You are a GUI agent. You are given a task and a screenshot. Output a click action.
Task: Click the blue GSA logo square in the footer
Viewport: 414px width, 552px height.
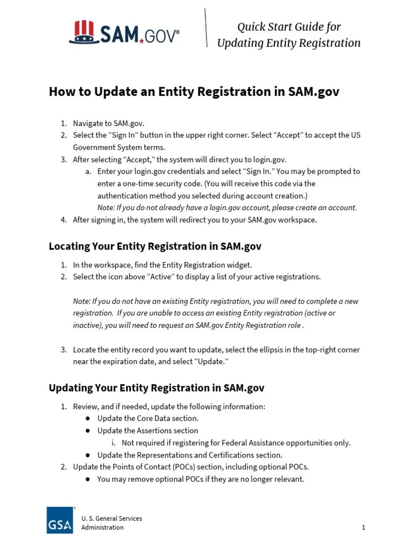pyautogui.click(x=60, y=520)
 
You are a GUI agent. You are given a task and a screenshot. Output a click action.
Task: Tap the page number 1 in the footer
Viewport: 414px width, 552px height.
pyautogui.click(x=363, y=527)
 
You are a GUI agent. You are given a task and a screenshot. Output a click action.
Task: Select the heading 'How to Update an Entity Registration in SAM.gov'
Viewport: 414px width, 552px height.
pyautogui.click(x=194, y=92)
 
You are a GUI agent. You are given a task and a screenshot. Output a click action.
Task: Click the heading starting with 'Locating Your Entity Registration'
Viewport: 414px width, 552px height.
pyautogui.click(x=155, y=246)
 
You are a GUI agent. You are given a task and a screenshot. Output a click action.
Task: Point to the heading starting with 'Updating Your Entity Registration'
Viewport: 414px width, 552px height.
pyautogui.click(x=156, y=388)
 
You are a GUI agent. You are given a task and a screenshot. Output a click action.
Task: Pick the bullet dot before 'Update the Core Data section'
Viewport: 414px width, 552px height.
pyautogui.click(x=87, y=418)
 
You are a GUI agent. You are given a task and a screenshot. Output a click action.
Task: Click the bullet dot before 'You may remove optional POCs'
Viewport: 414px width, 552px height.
pyautogui.click(x=87, y=479)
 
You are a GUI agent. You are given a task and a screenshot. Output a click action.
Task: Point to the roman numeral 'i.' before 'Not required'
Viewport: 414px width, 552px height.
pyautogui.click(x=114, y=443)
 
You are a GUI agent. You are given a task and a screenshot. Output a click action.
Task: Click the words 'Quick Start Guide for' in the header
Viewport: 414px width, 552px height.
pyautogui.click(x=289, y=27)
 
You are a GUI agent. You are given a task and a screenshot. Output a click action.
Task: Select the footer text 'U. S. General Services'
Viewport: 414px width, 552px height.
pyautogui.click(x=112, y=519)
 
